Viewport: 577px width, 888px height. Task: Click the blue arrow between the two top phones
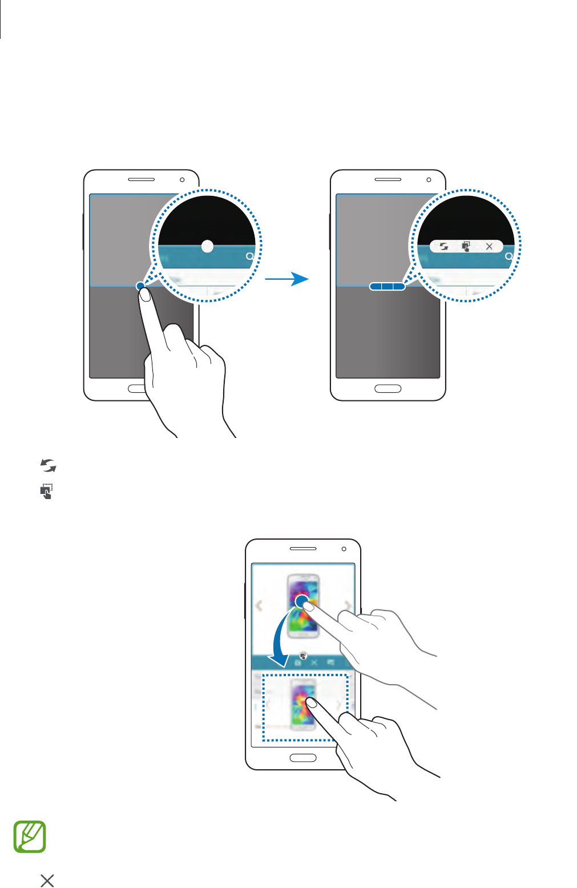pyautogui.click(x=288, y=279)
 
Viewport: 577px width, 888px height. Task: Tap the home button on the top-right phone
pyautogui.click(x=388, y=389)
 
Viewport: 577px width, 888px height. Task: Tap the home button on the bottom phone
pyautogui.click(x=303, y=758)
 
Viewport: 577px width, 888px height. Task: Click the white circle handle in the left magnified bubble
pyautogui.click(x=208, y=246)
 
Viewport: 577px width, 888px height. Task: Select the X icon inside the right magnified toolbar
pyautogui.click(x=489, y=247)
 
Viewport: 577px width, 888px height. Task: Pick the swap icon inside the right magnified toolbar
pyautogui.click(x=443, y=247)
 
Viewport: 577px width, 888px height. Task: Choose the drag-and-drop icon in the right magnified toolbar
pyautogui.click(x=466, y=247)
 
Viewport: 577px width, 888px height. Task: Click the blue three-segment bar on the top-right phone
pyautogui.click(x=387, y=286)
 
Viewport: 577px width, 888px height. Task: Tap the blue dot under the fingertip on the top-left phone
pyautogui.click(x=140, y=286)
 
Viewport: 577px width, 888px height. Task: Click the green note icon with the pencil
pyautogui.click(x=30, y=837)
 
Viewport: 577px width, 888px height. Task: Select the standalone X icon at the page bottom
pyautogui.click(x=47, y=881)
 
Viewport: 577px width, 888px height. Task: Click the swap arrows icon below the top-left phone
pyautogui.click(x=49, y=466)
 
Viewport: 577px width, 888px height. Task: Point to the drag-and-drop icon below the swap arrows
pyautogui.click(x=47, y=491)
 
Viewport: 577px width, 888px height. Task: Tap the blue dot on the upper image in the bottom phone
pyautogui.click(x=301, y=601)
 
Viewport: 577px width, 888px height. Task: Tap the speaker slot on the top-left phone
pyautogui.click(x=141, y=179)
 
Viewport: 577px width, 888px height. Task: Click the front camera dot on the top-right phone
pyautogui.click(x=429, y=180)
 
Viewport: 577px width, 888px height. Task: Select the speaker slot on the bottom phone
pyautogui.click(x=303, y=548)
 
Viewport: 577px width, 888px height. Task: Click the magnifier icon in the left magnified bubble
pyautogui.click(x=249, y=257)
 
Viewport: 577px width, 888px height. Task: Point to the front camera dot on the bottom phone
pyautogui.click(x=344, y=549)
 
